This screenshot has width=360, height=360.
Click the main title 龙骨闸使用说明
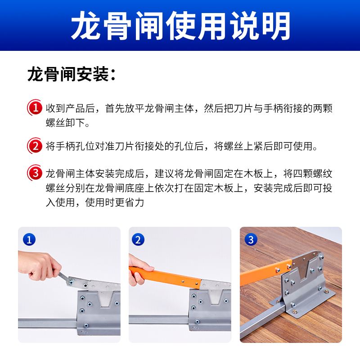pyautogui.click(x=180, y=26)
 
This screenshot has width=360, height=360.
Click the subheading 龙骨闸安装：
pyautogui.click(x=72, y=74)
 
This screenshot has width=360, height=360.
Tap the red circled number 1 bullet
pyautogui.click(x=35, y=108)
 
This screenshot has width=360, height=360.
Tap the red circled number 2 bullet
pyautogui.click(x=35, y=145)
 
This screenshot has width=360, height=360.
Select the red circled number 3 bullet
pyautogui.click(x=35, y=173)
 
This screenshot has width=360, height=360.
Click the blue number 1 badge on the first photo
pyautogui.click(x=29, y=240)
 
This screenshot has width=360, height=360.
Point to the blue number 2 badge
pyautogui.click(x=138, y=240)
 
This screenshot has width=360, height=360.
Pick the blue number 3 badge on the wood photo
pyautogui.click(x=251, y=240)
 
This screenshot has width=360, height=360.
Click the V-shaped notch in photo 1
pyautogui.click(x=106, y=299)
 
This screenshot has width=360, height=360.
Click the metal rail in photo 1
pyautogui.click(x=48, y=323)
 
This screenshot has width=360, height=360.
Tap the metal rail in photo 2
pyautogui.click(x=159, y=319)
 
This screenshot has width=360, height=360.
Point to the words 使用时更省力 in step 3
pyautogui.click(x=115, y=202)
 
